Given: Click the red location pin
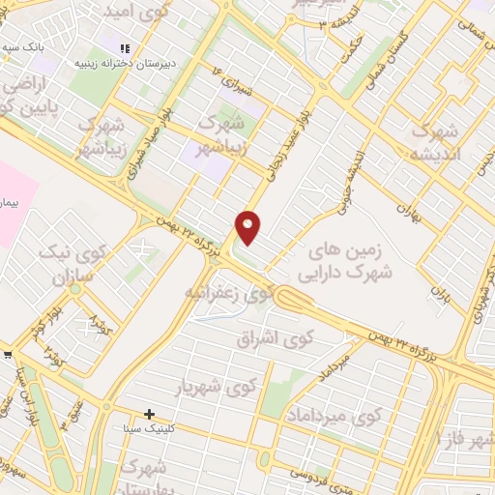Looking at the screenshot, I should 248,227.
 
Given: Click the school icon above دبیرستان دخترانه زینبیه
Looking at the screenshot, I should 124,47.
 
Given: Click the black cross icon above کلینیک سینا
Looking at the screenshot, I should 149,415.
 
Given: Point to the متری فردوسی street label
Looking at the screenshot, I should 331,478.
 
